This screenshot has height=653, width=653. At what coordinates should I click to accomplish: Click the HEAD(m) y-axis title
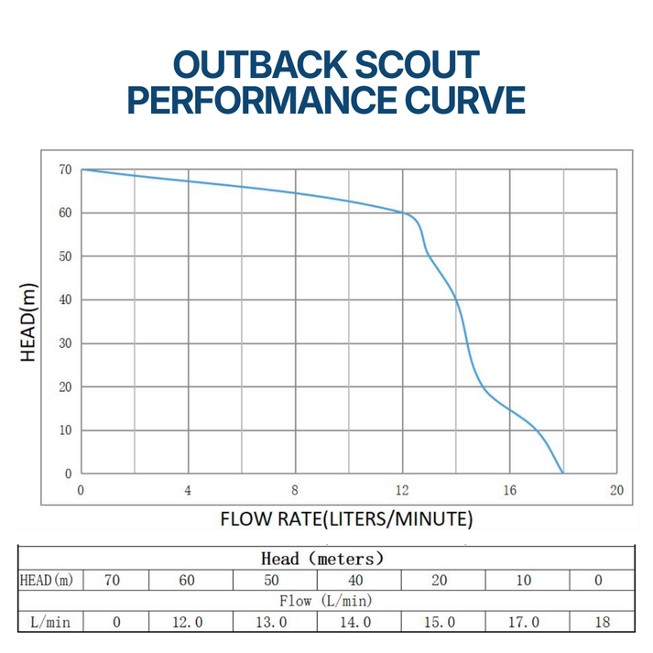coord(29,322)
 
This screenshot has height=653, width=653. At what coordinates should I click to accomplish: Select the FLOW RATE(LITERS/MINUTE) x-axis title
coord(346,520)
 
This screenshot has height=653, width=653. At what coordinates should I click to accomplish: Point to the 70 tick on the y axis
coord(64,169)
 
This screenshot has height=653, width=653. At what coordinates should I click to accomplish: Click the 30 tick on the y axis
coord(64,343)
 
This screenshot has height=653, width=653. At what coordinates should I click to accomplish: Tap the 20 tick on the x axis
coord(616,490)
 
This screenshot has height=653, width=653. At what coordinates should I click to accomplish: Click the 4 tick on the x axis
coord(189,490)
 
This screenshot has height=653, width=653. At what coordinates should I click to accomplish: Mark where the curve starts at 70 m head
coord(82,169)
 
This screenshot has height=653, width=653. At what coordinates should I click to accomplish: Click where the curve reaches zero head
coord(563,473)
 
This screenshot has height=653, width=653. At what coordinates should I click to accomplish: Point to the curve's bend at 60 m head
coord(406,213)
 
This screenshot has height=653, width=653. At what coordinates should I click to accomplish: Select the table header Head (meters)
coord(321,558)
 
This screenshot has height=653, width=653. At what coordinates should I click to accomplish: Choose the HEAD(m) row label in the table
coord(46,580)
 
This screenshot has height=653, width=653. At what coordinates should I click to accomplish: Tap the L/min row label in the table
coord(46,622)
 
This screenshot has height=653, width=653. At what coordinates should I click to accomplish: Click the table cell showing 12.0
coord(188,622)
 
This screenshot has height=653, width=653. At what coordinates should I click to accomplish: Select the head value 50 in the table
coord(272,580)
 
